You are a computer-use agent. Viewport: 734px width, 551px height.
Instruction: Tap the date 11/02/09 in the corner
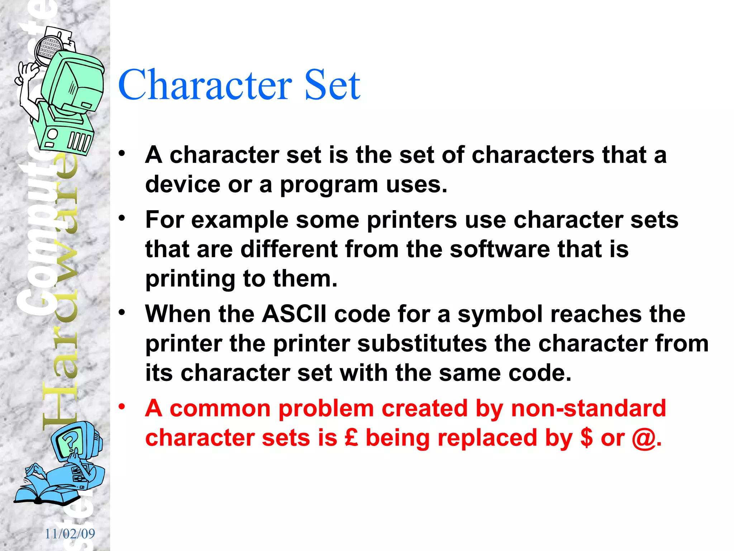70,534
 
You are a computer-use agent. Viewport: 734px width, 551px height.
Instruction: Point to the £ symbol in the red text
351,438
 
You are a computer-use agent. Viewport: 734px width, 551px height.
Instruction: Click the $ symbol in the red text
586,438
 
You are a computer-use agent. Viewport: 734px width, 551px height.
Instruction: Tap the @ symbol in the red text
644,439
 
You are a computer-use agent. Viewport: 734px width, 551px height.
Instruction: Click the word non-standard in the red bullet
588,409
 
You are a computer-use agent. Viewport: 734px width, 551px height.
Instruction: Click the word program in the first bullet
329,185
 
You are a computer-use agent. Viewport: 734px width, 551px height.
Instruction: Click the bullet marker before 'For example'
122,218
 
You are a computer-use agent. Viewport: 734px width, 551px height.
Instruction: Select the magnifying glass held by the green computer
49,50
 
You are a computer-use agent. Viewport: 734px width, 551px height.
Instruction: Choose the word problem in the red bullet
326,409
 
